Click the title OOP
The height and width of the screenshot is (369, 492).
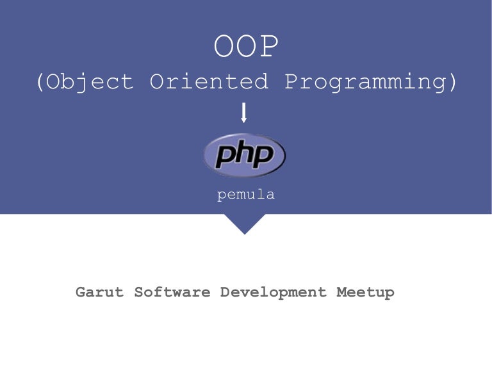click(246, 47)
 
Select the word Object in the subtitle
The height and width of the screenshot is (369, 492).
click(89, 82)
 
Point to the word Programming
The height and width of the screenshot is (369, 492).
click(365, 82)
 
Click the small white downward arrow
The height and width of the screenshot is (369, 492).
click(243, 113)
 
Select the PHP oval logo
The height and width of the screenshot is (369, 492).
click(244, 155)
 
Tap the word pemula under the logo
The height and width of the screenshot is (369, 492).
click(246, 195)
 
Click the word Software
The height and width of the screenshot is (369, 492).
click(172, 292)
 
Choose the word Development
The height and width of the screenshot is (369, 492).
click(274, 292)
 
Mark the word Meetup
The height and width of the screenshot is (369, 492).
click(365, 292)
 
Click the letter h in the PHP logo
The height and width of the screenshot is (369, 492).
click(245, 154)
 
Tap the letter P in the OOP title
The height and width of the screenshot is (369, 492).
click(269, 47)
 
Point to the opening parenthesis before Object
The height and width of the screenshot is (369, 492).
click(40, 82)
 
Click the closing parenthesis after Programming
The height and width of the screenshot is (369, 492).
click(453, 82)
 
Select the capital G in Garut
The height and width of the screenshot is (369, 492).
click(81, 292)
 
